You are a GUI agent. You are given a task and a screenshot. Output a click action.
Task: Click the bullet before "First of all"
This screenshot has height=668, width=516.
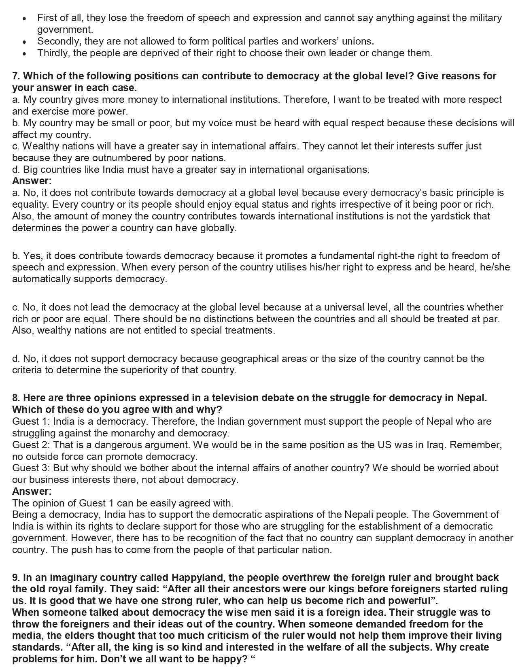tap(25, 19)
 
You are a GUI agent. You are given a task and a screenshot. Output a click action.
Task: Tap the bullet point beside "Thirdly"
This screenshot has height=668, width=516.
tap(25, 53)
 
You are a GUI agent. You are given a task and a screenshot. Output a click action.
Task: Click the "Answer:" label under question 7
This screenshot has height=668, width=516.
tap(32, 181)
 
